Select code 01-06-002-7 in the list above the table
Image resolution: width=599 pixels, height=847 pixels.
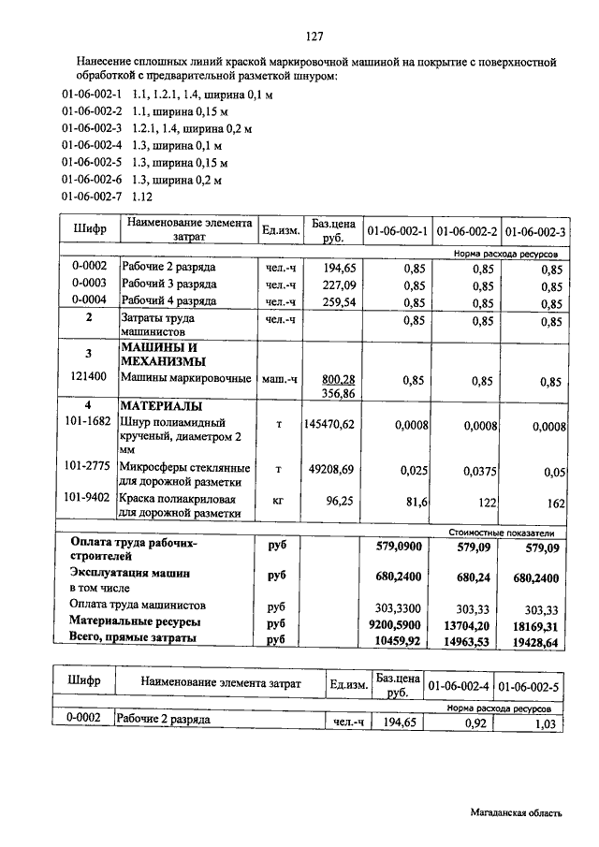pyautogui.click(x=92, y=197)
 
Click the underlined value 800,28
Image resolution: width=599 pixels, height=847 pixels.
pyautogui.click(x=338, y=378)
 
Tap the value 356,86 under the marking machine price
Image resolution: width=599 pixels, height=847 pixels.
pyautogui.click(x=338, y=393)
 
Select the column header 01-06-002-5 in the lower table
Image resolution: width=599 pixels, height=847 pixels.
pyautogui.click(x=529, y=686)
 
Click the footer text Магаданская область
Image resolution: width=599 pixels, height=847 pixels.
pyautogui.click(x=517, y=814)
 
